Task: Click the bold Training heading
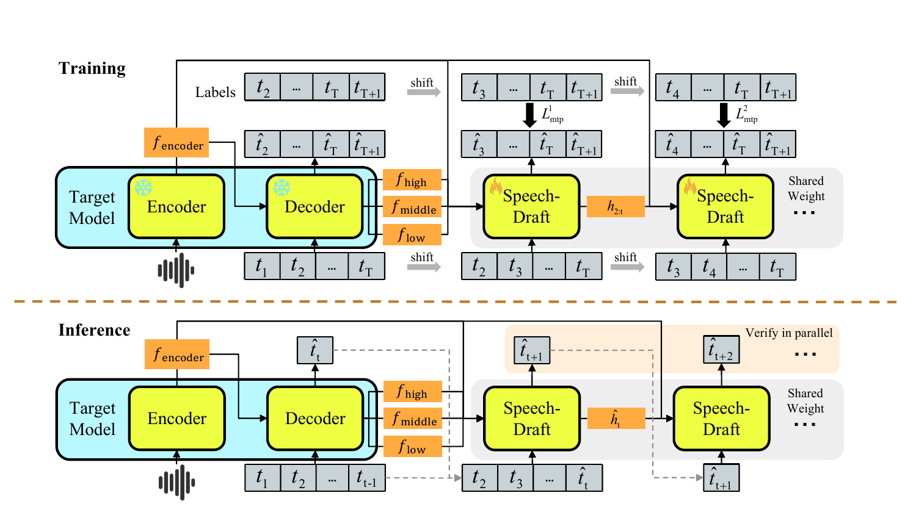tap(92, 69)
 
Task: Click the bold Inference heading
tap(95, 330)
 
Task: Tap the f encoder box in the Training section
tap(176, 142)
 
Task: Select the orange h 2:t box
tap(616, 206)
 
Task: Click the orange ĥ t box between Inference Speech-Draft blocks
tap(616, 418)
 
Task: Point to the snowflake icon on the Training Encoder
tap(144, 187)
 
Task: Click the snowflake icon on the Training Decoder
tap(282, 187)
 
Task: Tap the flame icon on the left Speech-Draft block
tap(496, 186)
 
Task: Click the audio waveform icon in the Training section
tap(176, 270)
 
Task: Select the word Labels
tap(216, 92)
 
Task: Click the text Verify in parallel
tap(789, 333)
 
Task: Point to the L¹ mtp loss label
tap(553, 115)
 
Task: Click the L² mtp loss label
tap(747, 115)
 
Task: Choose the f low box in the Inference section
tap(413, 446)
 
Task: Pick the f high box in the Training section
tap(412, 179)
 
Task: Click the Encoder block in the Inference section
tap(177, 418)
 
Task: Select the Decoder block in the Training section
tap(314, 206)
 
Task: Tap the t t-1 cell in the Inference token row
tap(367, 477)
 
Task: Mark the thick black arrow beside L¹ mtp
tap(529, 115)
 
